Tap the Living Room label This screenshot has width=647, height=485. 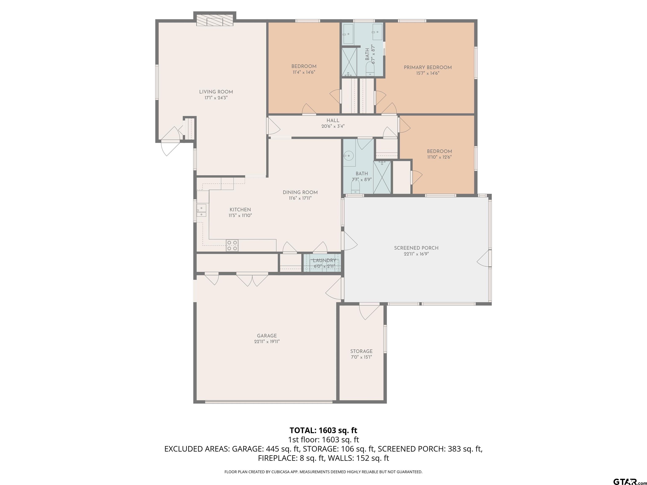point(216,92)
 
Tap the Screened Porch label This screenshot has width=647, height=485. point(416,248)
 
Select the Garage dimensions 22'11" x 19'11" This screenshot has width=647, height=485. point(267,341)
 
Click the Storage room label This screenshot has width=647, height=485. point(362,351)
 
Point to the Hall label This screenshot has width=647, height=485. point(333,120)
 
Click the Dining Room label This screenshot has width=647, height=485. point(300,192)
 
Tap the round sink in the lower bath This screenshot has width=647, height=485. point(349,155)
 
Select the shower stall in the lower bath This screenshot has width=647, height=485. point(382,177)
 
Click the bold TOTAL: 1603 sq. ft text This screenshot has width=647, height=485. point(323,430)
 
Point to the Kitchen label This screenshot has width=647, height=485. point(240,210)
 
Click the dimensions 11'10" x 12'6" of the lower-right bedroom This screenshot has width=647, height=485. point(439,157)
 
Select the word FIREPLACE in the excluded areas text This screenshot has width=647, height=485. point(277,458)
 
